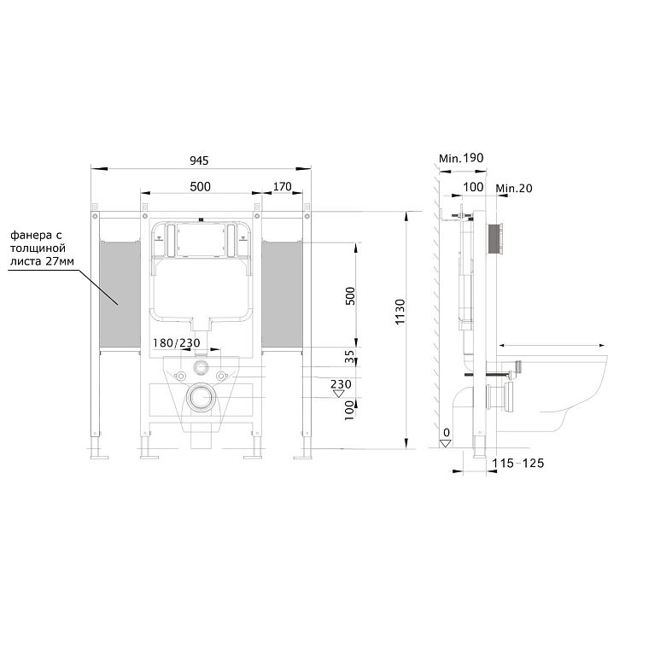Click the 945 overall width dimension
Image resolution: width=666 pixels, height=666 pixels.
(x=199, y=161)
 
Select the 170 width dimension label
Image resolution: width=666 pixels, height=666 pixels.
(x=282, y=186)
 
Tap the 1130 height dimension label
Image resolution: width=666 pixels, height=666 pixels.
(x=400, y=313)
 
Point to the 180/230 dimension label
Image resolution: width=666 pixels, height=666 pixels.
(x=176, y=342)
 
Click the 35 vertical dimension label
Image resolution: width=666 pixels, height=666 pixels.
(x=349, y=357)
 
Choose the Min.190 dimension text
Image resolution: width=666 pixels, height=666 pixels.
(x=461, y=159)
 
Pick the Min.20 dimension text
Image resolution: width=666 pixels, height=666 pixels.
(x=514, y=188)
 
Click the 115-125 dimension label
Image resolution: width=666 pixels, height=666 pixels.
(x=518, y=463)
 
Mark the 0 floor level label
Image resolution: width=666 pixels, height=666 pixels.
(x=446, y=432)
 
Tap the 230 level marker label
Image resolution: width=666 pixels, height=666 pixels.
(x=341, y=384)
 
